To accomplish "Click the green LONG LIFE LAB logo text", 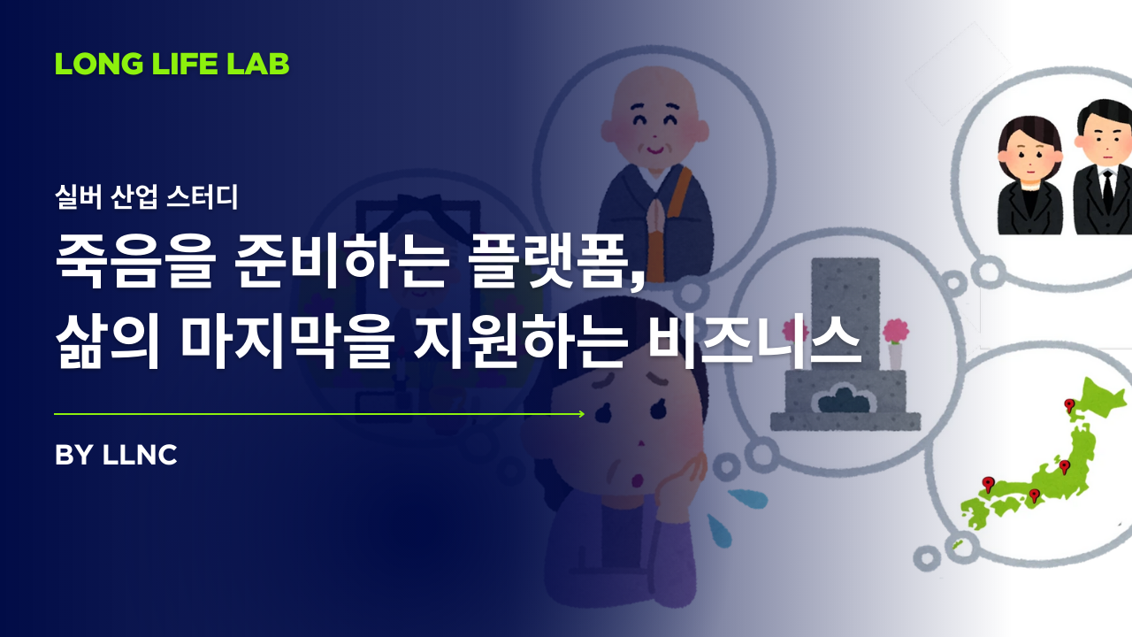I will (172, 64).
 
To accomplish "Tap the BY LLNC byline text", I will (116, 455).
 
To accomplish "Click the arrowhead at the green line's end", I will (580, 413).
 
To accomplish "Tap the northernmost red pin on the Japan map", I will (1068, 406).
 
